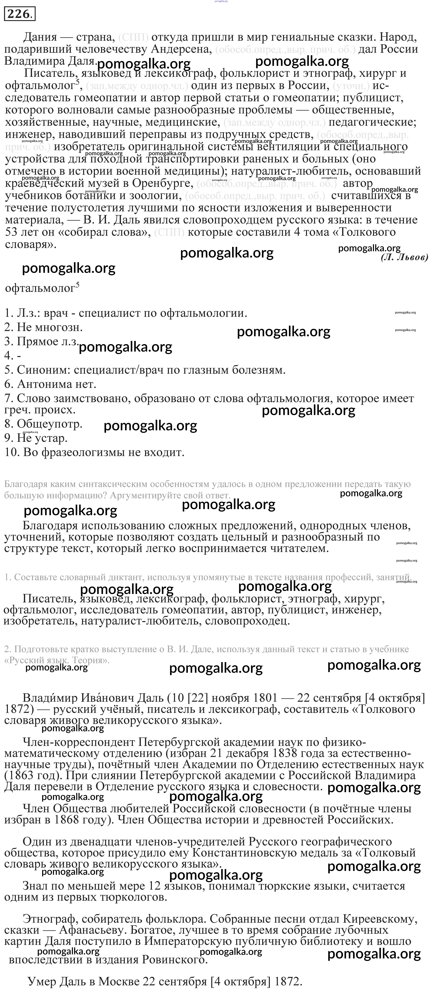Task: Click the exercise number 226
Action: (x=19, y=14)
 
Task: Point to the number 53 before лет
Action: (x=13, y=232)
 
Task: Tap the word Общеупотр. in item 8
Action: (x=49, y=424)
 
